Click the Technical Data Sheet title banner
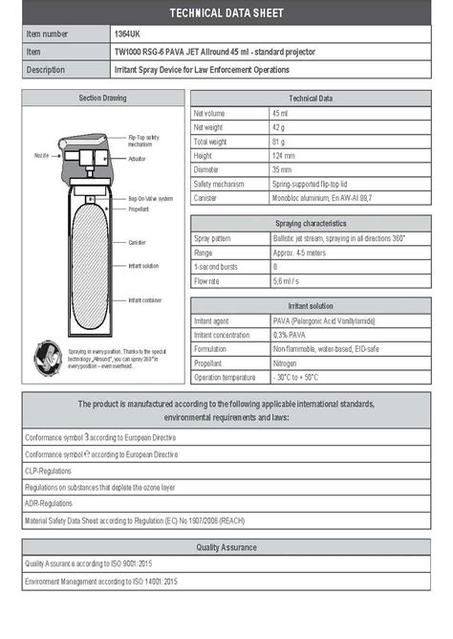point(226,12)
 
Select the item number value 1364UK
point(127,33)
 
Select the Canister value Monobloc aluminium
point(325,198)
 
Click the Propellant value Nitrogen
point(288,364)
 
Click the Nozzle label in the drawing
point(41,153)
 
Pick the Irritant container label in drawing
point(145,299)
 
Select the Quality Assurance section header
point(226,547)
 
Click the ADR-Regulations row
point(48,502)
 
